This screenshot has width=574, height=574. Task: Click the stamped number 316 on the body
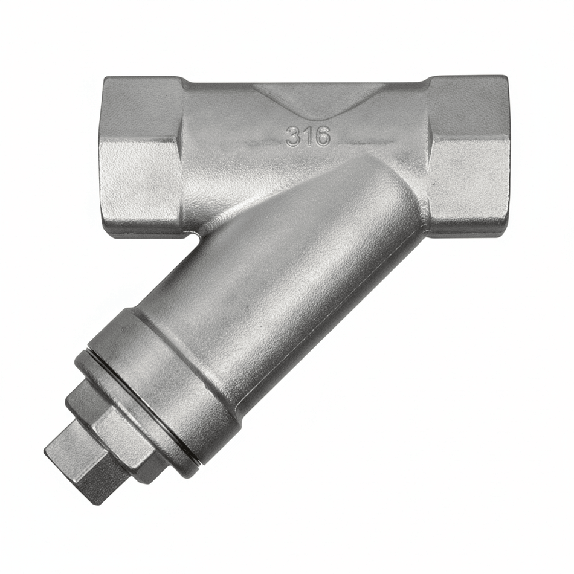[308, 137]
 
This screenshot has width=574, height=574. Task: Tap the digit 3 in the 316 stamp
[294, 137]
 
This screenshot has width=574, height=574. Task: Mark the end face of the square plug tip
[57, 462]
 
